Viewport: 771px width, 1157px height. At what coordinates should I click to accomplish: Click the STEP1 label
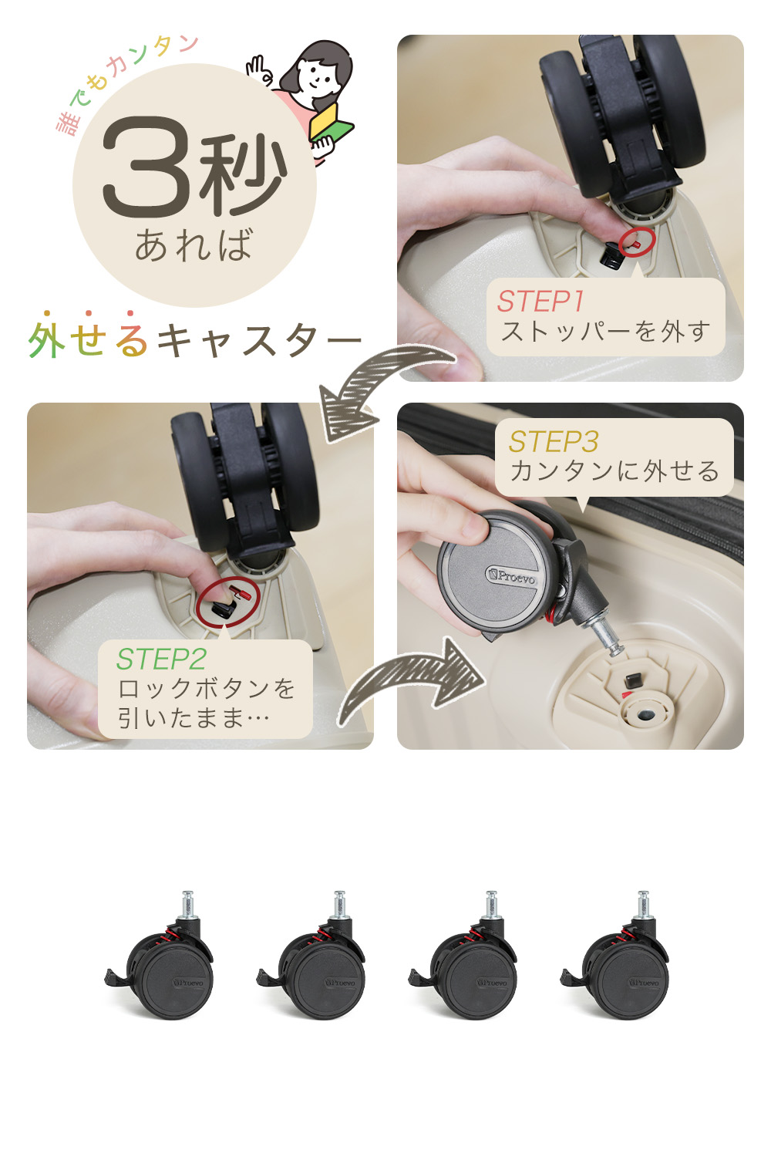(x=540, y=301)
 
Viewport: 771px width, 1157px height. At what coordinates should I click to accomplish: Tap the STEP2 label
(x=161, y=659)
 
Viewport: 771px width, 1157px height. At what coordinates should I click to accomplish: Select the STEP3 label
(x=553, y=442)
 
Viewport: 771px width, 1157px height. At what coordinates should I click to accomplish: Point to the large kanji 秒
(x=241, y=174)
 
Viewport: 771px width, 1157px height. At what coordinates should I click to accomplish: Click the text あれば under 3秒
(x=194, y=245)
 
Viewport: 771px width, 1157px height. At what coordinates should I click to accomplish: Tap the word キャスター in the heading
(x=259, y=340)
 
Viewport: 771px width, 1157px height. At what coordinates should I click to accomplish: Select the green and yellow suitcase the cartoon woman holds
(x=331, y=123)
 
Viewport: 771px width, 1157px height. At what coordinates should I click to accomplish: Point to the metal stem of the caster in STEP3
(x=606, y=637)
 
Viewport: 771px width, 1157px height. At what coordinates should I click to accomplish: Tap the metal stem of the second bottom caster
(x=339, y=905)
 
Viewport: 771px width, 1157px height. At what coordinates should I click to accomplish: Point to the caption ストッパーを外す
(x=606, y=331)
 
